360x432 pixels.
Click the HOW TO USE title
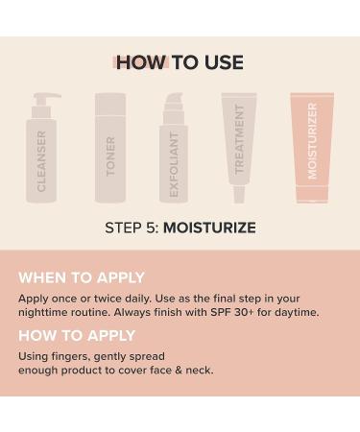[x=180, y=62]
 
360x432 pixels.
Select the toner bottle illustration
[x=110, y=149]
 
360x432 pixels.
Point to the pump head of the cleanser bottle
[x=45, y=98]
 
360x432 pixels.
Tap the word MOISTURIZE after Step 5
[x=208, y=228]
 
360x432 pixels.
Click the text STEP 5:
[x=132, y=228]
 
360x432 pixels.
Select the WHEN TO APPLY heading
[x=82, y=277]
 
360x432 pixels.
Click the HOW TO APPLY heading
[x=77, y=336]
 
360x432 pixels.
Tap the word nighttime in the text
[x=51, y=312]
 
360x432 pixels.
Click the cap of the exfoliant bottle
[x=174, y=104]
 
